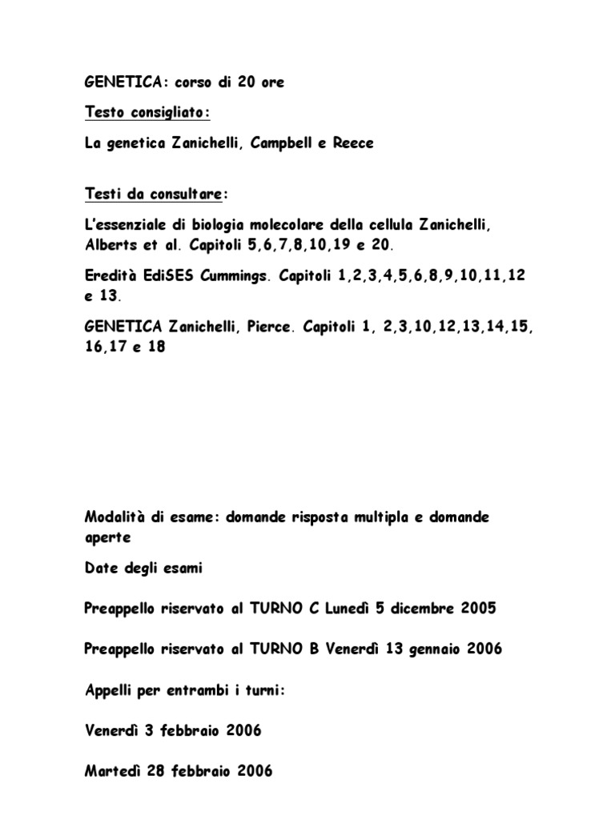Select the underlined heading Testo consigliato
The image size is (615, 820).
(147, 113)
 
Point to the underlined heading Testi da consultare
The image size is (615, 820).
(155, 194)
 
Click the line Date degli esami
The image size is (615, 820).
(143, 568)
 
